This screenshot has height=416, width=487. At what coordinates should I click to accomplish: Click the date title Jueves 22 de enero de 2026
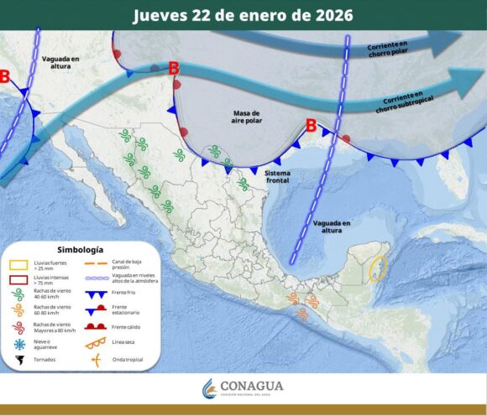(243, 15)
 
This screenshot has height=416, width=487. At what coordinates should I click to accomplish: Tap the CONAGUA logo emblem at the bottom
(209, 388)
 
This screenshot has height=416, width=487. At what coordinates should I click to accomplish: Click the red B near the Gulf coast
(311, 126)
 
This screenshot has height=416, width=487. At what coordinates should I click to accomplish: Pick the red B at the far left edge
(5, 77)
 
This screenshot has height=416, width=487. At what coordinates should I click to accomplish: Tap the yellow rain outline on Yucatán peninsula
(379, 268)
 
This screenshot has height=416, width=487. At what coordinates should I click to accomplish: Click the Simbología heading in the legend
(81, 249)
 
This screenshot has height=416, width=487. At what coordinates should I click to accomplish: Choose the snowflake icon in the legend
(18, 344)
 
